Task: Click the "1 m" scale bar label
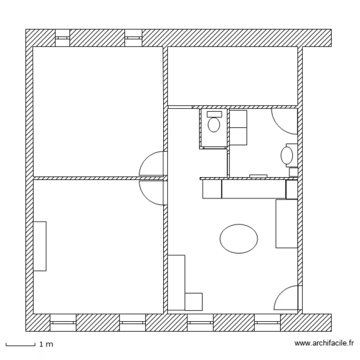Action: (x=46, y=344)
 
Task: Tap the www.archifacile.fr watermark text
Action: (x=324, y=343)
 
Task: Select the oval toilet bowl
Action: (x=214, y=125)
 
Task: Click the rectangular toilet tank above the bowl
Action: (x=214, y=114)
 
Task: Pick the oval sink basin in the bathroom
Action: (x=287, y=155)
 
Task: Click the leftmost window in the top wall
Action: (x=62, y=38)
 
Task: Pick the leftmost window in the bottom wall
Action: (x=63, y=323)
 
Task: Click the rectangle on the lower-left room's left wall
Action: (x=40, y=246)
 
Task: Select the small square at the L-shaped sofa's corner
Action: (x=193, y=301)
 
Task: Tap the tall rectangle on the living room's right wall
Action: (x=287, y=224)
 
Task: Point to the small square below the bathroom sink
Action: (x=293, y=172)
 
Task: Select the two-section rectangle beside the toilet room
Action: (x=239, y=127)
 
